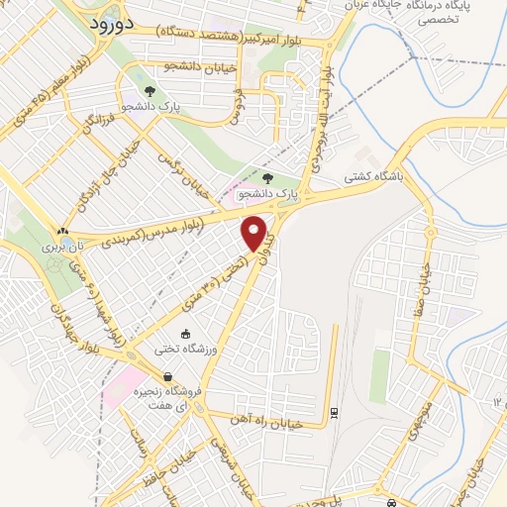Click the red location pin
click(255, 232)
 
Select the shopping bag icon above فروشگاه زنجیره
click(168, 376)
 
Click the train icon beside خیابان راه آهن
click(334, 411)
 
